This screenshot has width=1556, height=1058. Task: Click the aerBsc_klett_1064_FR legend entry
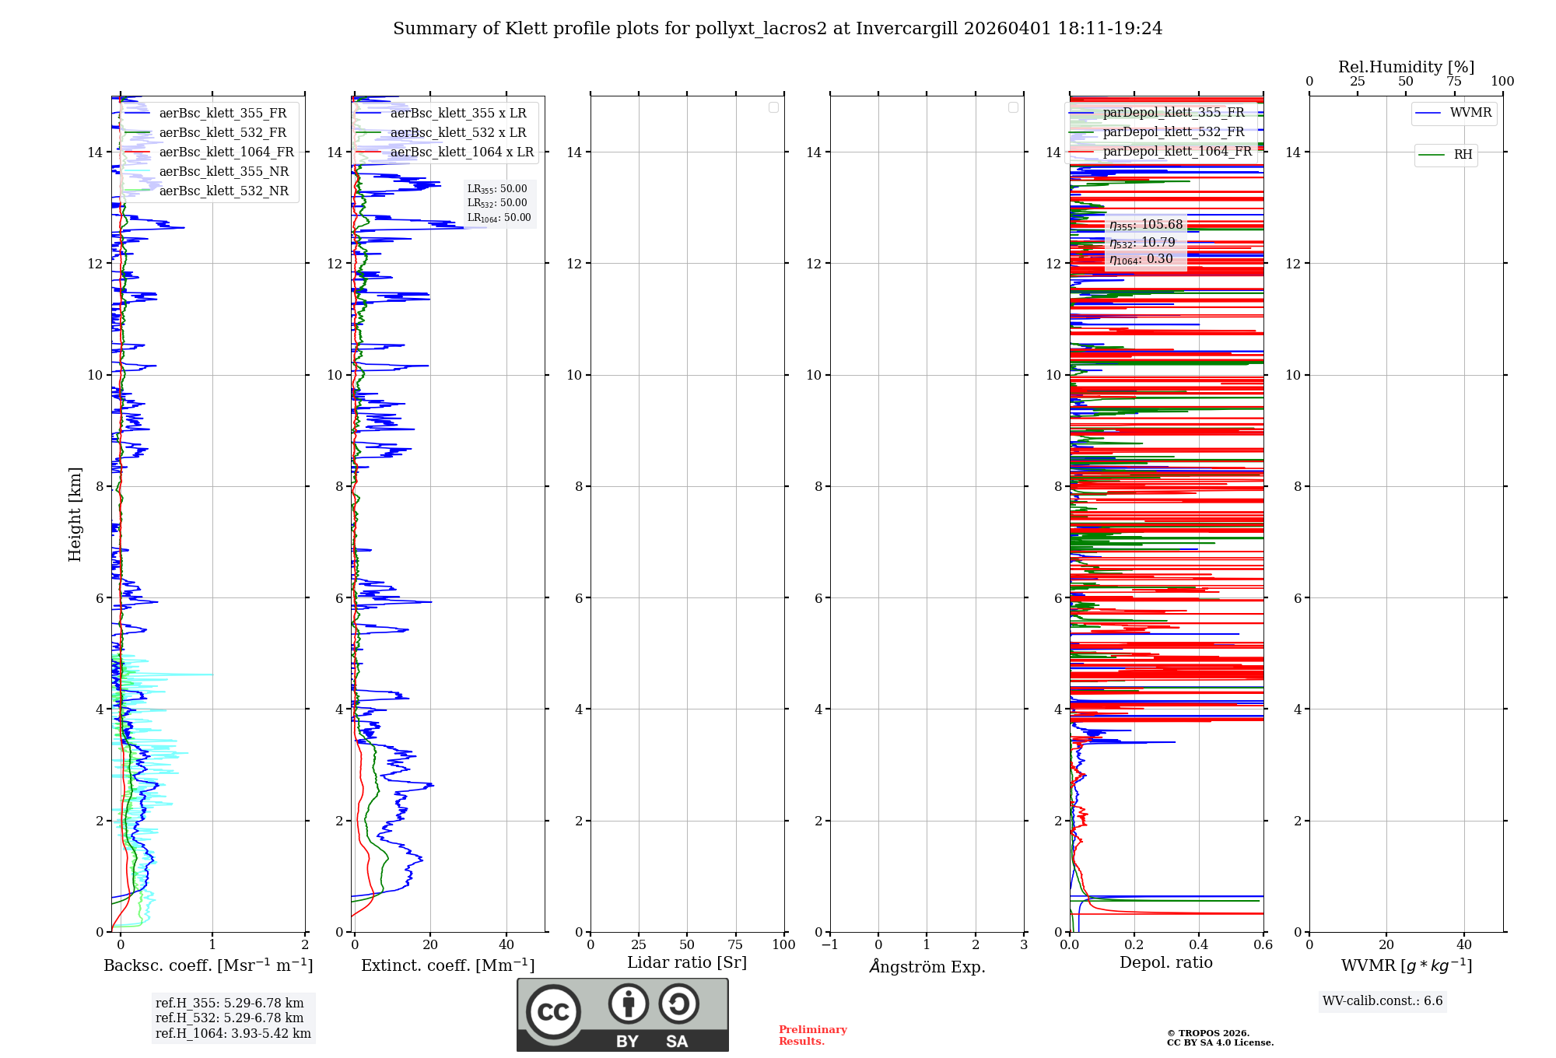coord(226,152)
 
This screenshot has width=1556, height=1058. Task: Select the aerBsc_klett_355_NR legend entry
coord(223,172)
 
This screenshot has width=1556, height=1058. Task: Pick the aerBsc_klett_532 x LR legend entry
coord(458,133)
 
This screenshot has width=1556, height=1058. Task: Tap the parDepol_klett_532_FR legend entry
coord(1173,132)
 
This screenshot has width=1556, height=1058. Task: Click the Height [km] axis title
coord(75,514)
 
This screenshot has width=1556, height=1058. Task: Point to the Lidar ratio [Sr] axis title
coord(687,963)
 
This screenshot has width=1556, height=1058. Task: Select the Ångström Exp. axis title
coord(927,967)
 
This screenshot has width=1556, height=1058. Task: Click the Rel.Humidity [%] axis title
coord(1406,67)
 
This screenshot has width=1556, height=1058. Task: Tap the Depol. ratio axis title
coord(1165,963)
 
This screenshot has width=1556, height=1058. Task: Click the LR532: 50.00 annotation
coord(497,203)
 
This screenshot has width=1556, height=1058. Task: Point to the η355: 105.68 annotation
coord(1146,225)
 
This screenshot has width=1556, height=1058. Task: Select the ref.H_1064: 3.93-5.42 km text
coord(233,1034)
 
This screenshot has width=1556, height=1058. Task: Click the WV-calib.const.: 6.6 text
coord(1383,1001)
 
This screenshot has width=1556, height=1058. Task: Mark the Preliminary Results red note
coord(812,1035)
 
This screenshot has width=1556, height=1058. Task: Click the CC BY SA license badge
coord(622,1014)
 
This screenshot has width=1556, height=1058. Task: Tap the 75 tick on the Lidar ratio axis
coord(735,945)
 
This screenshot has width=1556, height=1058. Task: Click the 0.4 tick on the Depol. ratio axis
coord(1199,945)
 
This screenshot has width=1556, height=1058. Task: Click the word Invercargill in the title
coord(907,29)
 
